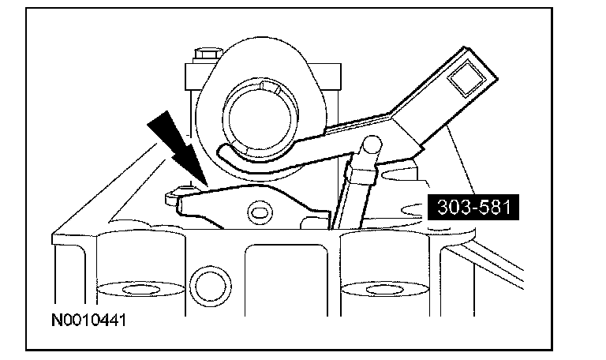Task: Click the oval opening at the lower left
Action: (x=126, y=285)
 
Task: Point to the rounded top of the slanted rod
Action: (x=370, y=146)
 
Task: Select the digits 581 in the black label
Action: (x=492, y=208)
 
